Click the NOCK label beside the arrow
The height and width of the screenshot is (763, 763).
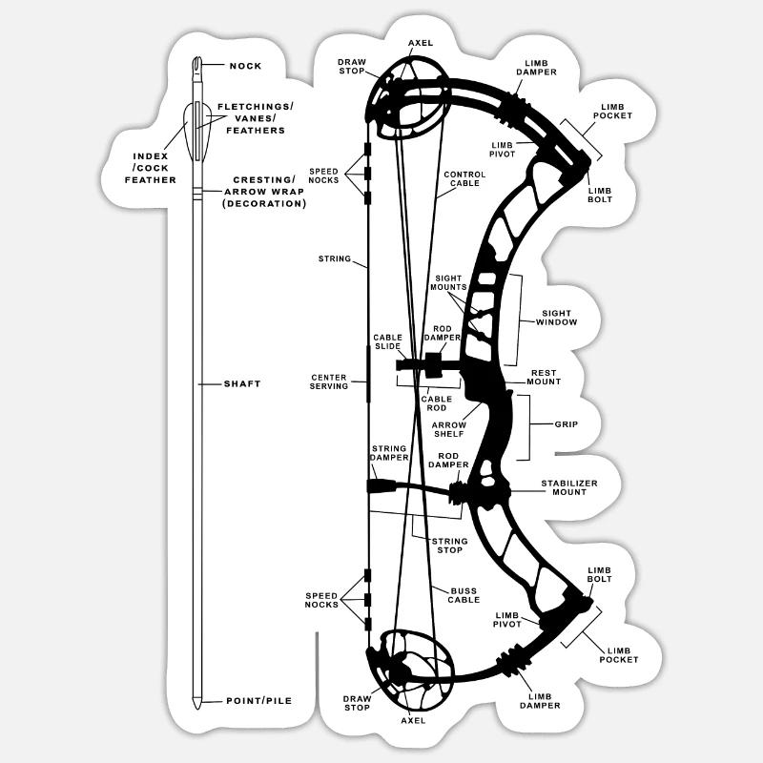click(x=245, y=66)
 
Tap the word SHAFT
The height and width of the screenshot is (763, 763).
click(x=242, y=383)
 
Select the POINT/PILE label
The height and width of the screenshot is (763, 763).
click(x=258, y=701)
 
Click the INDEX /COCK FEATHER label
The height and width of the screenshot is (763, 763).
click(x=151, y=167)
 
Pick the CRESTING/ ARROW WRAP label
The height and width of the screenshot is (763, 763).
click(x=264, y=192)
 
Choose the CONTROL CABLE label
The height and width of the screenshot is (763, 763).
click(x=464, y=178)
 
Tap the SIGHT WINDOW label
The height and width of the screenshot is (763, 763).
click(x=556, y=318)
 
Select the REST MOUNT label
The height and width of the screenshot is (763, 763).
click(x=545, y=377)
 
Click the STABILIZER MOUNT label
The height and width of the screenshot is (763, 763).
click(x=569, y=488)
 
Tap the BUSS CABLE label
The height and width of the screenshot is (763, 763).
click(x=464, y=594)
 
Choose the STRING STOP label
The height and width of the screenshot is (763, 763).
click(x=447, y=546)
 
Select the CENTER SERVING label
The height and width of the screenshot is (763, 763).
click(x=329, y=382)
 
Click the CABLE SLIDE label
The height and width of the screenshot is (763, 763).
click(x=387, y=341)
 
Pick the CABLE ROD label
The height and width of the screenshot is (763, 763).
click(x=435, y=403)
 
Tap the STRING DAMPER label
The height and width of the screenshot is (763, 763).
click(x=388, y=453)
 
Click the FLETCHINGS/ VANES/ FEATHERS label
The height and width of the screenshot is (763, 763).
click(x=255, y=117)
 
